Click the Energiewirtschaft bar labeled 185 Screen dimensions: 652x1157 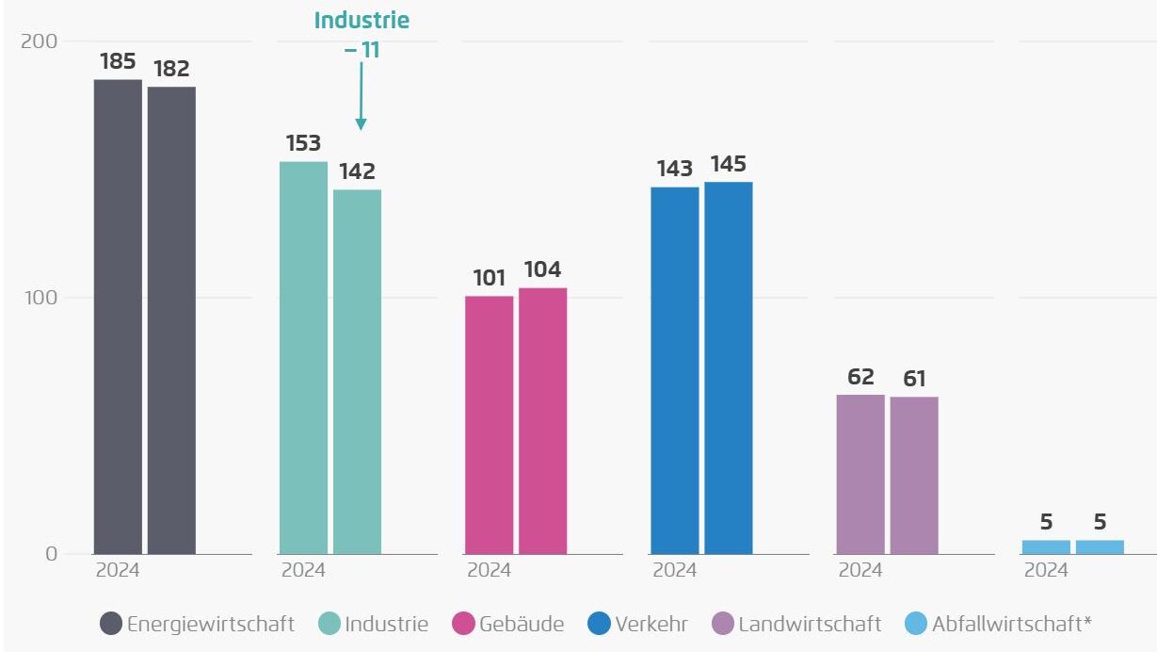coord(118,317)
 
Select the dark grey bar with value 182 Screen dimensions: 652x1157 coord(171,320)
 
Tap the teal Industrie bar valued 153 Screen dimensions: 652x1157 coord(303,358)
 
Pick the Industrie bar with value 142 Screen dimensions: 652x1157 coord(357,372)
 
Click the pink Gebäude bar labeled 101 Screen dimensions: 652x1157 coord(489,425)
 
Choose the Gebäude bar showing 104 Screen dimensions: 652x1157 coord(542,421)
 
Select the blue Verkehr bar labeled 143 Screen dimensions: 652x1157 coord(674,370)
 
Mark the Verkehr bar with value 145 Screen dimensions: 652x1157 coord(728,367)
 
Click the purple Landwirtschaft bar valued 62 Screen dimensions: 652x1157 coord(860,474)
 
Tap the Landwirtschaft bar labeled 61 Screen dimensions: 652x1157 coord(913,475)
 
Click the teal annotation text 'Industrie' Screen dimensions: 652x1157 coord(362,21)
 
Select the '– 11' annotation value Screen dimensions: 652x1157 coord(362,49)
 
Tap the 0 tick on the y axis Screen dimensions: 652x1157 coord(52,554)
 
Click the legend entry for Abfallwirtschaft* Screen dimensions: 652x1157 coord(998,624)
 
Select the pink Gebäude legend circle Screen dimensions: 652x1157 coord(462,624)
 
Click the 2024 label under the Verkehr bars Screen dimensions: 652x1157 coord(674,570)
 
